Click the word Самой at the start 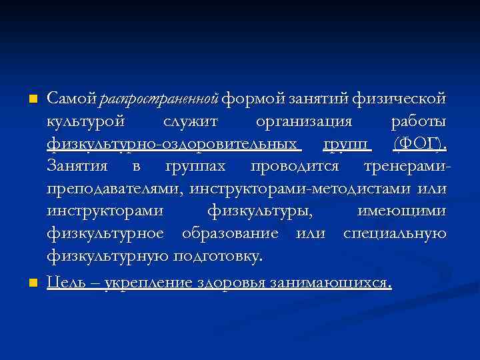coord(73,99)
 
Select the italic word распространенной coord(159,100)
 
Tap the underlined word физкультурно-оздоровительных coord(172,145)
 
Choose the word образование coord(230,234)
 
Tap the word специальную coord(395,234)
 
